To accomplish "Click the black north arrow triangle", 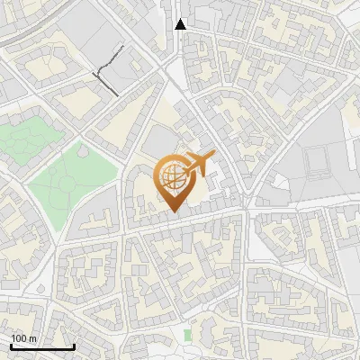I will point(181,24).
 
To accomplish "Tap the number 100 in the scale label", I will point(19,339).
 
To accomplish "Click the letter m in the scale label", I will point(33,339).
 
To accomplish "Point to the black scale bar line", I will point(42,347).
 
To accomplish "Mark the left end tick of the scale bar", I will point(11,346).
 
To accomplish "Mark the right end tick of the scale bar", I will point(74,346).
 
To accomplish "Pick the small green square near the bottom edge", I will point(187,336).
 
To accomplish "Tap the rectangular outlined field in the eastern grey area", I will point(318,160).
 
